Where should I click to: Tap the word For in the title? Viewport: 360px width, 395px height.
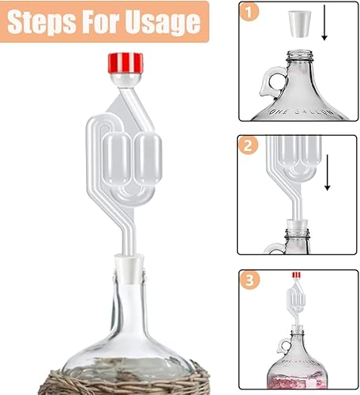pos(100,21)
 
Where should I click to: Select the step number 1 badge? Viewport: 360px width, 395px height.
pos(249,12)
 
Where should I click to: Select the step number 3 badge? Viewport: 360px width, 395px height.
pos(249,280)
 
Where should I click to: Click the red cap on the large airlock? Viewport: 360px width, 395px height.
pos(126,63)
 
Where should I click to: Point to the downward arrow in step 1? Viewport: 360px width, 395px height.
pos(324,23)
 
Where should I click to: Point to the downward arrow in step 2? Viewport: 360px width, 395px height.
pos(328,172)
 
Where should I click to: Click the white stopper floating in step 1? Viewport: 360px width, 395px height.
pos(300,24)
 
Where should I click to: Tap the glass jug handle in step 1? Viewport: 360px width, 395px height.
pos(272,81)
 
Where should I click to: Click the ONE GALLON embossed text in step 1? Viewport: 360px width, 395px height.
pos(300,111)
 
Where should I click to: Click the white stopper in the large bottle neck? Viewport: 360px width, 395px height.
pos(129,268)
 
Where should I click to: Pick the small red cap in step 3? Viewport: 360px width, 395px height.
pos(296,275)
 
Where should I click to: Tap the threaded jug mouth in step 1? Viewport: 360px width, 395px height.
pos(300,56)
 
